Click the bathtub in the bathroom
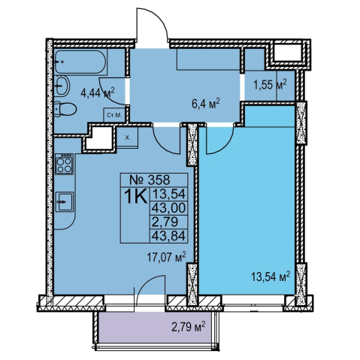click(x=81, y=62)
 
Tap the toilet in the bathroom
click(x=65, y=109)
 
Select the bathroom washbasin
click(x=62, y=86)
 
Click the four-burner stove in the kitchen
click(x=65, y=164)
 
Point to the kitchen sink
click(x=65, y=201)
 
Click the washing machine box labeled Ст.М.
click(x=114, y=115)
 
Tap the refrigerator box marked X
click(x=127, y=138)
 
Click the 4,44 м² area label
click(x=98, y=93)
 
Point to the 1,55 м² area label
click(x=270, y=85)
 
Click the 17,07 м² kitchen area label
click(x=166, y=257)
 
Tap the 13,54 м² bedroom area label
click(x=271, y=277)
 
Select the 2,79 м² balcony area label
click(x=189, y=327)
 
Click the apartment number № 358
click(x=150, y=180)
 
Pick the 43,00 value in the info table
click(x=169, y=207)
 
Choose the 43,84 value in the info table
click(x=169, y=236)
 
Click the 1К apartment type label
click(x=135, y=197)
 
